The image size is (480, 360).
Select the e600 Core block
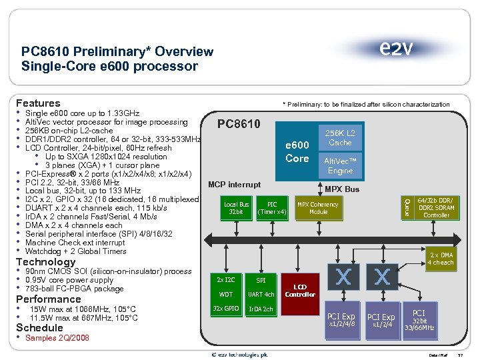click(x=297, y=152)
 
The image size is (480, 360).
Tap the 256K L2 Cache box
click(x=339, y=138)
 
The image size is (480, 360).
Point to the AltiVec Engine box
click(x=339, y=166)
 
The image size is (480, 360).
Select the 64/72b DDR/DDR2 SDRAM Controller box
click(x=436, y=207)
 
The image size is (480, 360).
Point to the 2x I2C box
click(x=225, y=280)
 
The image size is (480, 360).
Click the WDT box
click(x=225, y=294)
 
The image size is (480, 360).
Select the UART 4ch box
click(x=261, y=294)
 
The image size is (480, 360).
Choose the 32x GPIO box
click(x=225, y=309)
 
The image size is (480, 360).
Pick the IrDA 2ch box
click(x=261, y=309)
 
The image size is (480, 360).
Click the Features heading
click(x=38, y=103)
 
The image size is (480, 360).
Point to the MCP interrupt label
click(x=234, y=184)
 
